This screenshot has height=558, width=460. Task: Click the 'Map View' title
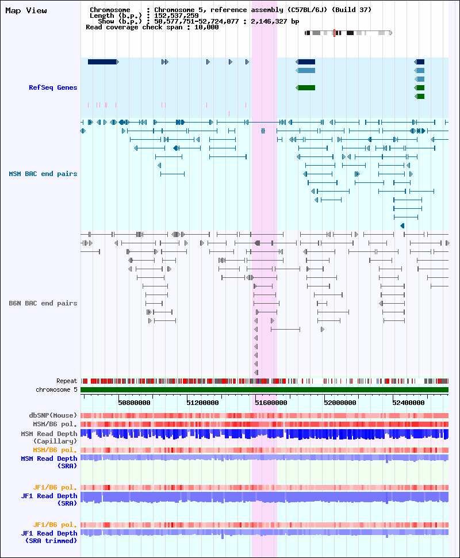(x=26, y=11)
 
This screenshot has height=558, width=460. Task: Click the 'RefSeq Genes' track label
(x=53, y=87)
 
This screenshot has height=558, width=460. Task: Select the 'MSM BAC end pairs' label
(x=43, y=174)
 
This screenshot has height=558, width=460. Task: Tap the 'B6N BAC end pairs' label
(x=43, y=303)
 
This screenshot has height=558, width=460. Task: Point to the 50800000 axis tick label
(x=134, y=403)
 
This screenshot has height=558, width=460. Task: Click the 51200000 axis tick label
(x=203, y=403)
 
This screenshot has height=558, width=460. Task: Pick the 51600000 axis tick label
(x=271, y=403)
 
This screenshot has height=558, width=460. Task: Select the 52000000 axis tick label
(x=340, y=403)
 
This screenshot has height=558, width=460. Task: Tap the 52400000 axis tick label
(x=408, y=403)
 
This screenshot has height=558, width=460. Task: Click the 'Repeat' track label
(x=67, y=381)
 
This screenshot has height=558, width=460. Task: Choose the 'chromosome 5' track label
(x=56, y=389)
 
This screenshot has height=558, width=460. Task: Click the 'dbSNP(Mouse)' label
(x=53, y=416)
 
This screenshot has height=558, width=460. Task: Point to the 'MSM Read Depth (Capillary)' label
(x=49, y=437)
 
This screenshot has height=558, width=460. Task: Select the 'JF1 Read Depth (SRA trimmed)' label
(x=49, y=537)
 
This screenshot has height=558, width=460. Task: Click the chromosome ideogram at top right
(x=348, y=33)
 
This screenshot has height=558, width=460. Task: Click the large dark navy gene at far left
(x=103, y=62)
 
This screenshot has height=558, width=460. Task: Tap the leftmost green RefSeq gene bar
(x=305, y=88)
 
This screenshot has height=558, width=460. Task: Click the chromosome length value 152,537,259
(x=177, y=16)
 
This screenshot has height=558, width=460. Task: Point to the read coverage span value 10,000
(x=206, y=28)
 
